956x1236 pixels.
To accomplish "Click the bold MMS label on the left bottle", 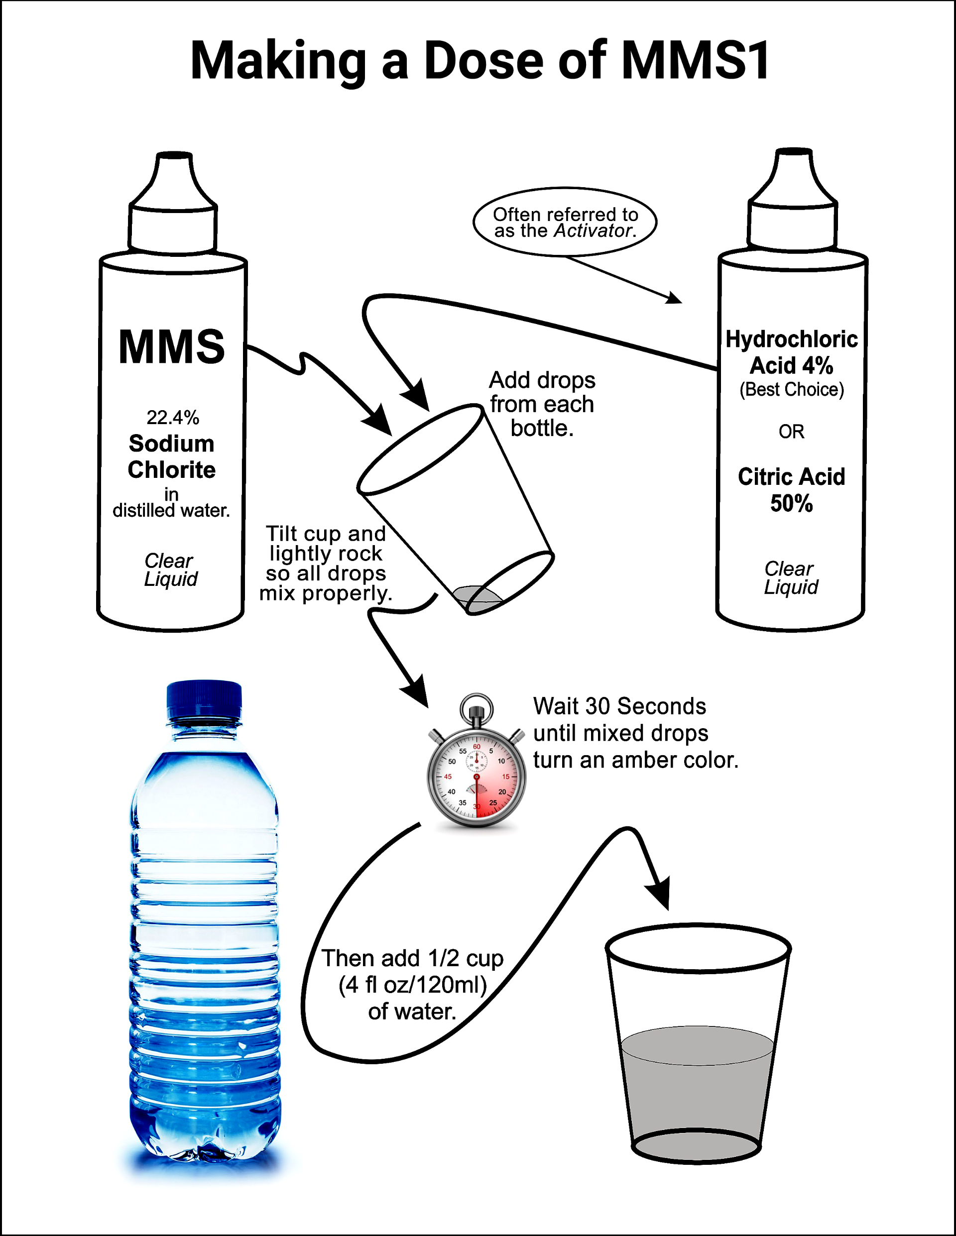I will point(171,346).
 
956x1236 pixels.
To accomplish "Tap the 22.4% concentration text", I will point(173,418).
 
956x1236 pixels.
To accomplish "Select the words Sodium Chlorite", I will point(171,456).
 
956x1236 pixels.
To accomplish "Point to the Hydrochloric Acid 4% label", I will point(791,352).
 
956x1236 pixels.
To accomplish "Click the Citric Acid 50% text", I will point(791,489).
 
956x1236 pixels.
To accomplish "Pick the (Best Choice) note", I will point(791,389).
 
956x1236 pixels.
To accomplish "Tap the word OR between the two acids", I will point(791,432).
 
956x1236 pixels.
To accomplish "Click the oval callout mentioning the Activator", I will point(565,223).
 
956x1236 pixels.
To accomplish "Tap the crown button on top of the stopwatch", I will point(477,707).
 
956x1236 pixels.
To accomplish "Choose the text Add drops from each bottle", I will point(542,404).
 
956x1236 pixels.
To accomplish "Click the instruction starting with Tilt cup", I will point(326,563).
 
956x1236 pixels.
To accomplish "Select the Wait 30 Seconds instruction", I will point(635,733).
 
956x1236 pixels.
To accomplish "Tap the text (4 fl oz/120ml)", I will point(413,985).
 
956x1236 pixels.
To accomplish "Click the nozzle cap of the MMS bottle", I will point(173,204).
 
